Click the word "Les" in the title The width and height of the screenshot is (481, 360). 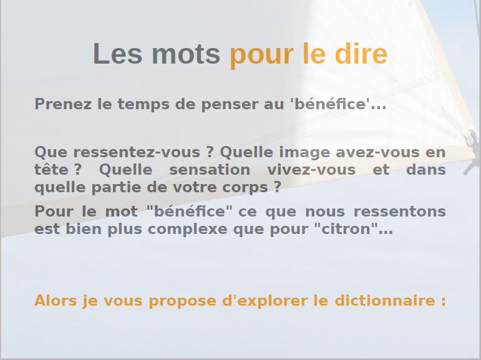click(117, 54)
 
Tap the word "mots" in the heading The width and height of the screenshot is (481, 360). click(186, 54)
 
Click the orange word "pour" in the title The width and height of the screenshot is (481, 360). click(261, 56)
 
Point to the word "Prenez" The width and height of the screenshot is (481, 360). click(63, 104)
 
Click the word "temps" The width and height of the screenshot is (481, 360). click(143, 105)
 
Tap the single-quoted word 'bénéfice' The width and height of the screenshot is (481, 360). click(330, 104)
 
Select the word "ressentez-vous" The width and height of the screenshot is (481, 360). click(137, 152)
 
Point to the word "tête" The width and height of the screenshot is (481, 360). click(51, 170)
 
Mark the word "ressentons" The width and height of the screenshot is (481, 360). click(400, 212)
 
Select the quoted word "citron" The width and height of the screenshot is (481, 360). click(346, 229)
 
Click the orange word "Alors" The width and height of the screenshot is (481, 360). click(56, 300)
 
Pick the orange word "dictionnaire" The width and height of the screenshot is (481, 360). click(385, 300)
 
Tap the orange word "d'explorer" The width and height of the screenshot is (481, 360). click(265, 301)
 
